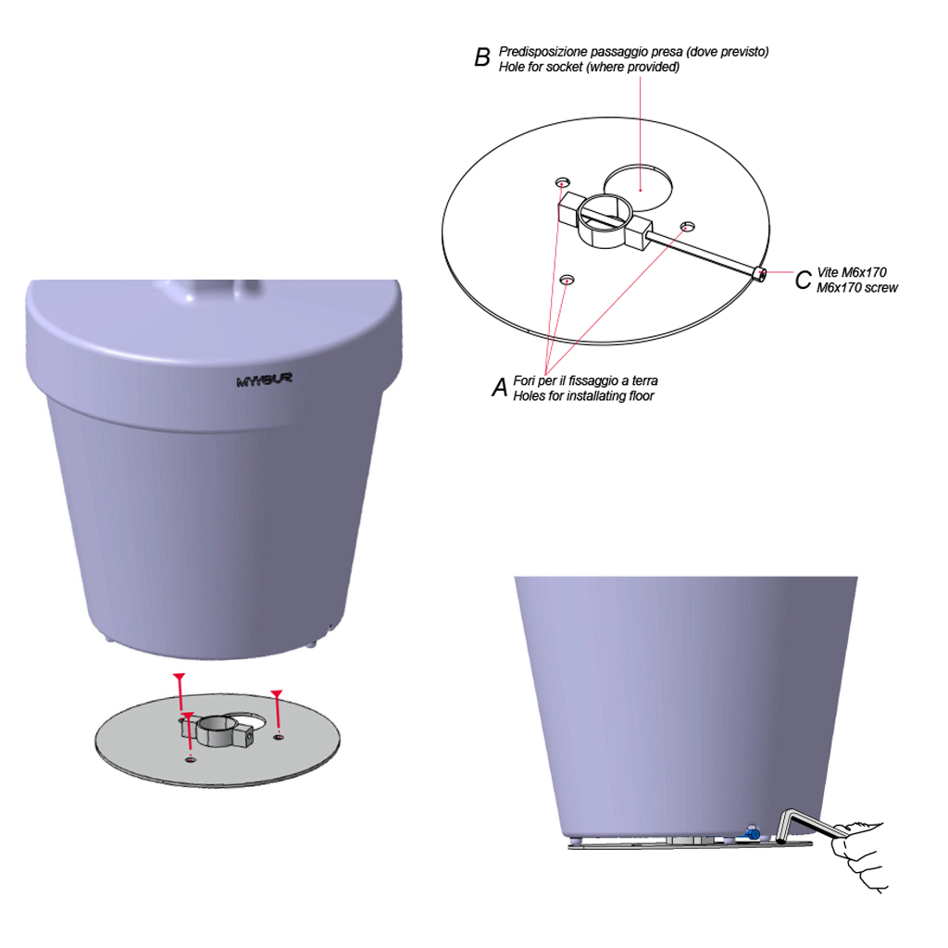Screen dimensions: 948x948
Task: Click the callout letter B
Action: click(x=481, y=57)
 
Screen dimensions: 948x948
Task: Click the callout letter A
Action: click(x=499, y=387)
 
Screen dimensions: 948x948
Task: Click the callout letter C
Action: click(x=803, y=280)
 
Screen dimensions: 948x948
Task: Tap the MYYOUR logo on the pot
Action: click(x=264, y=380)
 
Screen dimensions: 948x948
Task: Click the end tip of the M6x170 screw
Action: click(x=761, y=274)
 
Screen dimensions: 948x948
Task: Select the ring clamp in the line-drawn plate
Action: click(x=605, y=220)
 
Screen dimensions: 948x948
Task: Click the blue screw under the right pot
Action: click(x=754, y=834)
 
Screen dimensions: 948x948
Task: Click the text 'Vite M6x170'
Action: click(x=852, y=273)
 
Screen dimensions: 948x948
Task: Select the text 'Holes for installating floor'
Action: click(x=583, y=396)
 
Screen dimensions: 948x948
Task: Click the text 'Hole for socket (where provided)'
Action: click(x=589, y=67)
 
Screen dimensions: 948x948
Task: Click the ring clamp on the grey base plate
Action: click(x=216, y=730)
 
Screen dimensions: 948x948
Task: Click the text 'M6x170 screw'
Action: click(x=857, y=288)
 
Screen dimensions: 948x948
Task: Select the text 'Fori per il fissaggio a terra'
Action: click(x=585, y=380)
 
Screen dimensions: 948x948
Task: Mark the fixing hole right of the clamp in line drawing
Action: click(x=687, y=227)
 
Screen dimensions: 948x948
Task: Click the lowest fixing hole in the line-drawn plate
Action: click(x=567, y=280)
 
